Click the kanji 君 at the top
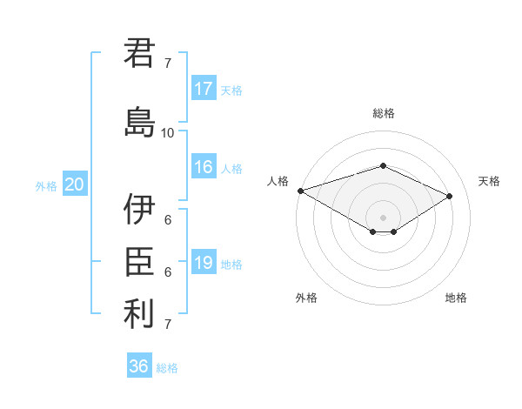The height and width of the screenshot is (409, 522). pyautogui.click(x=139, y=53)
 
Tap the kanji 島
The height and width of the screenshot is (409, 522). pyautogui.click(x=139, y=121)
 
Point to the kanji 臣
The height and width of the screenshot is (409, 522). pyautogui.click(x=139, y=261)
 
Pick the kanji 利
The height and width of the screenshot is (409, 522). pyautogui.click(x=139, y=314)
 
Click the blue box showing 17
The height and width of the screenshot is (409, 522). pyautogui.click(x=204, y=89)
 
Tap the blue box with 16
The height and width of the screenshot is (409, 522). pyautogui.click(x=204, y=167)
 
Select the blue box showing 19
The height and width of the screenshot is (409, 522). pyautogui.click(x=204, y=263)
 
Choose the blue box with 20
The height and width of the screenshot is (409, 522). pyautogui.click(x=75, y=184)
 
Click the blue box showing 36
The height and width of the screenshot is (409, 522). pyautogui.click(x=139, y=366)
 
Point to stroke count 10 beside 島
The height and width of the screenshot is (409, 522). pyautogui.click(x=168, y=133)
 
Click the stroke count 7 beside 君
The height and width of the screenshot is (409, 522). pyautogui.click(x=168, y=63)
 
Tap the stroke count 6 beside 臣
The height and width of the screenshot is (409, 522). pyautogui.click(x=168, y=272)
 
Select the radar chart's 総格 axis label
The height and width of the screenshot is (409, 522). pyautogui.click(x=383, y=113)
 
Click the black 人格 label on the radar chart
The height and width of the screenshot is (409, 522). pyautogui.click(x=278, y=181)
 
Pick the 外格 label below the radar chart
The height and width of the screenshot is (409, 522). pyautogui.click(x=306, y=298)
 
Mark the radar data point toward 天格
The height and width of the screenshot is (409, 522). pyautogui.click(x=450, y=196)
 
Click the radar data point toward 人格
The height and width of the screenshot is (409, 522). pyautogui.click(x=300, y=191)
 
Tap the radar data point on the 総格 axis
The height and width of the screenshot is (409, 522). pyautogui.click(x=383, y=165)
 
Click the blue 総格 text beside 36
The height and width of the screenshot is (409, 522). pyautogui.click(x=167, y=368)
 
